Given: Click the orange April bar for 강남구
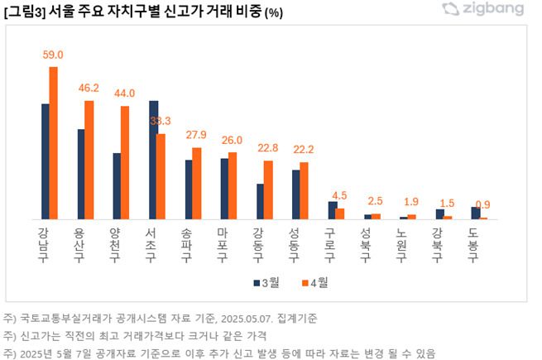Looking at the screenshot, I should [54, 143].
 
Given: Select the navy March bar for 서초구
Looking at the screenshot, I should [153, 160].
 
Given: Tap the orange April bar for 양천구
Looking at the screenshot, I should [125, 162].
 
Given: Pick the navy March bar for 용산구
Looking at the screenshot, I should [81, 174].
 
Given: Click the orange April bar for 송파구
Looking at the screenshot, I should [197, 184].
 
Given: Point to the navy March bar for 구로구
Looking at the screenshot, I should [332, 210].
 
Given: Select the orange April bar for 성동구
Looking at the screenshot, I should [304, 190].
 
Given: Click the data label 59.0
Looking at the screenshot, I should [53, 55].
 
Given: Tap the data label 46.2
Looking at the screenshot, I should [89, 87].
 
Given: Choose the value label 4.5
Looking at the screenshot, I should [339, 196].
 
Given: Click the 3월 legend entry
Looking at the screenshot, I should [266, 282].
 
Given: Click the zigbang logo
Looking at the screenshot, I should [494, 10].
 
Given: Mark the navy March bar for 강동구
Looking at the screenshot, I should [260, 201].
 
